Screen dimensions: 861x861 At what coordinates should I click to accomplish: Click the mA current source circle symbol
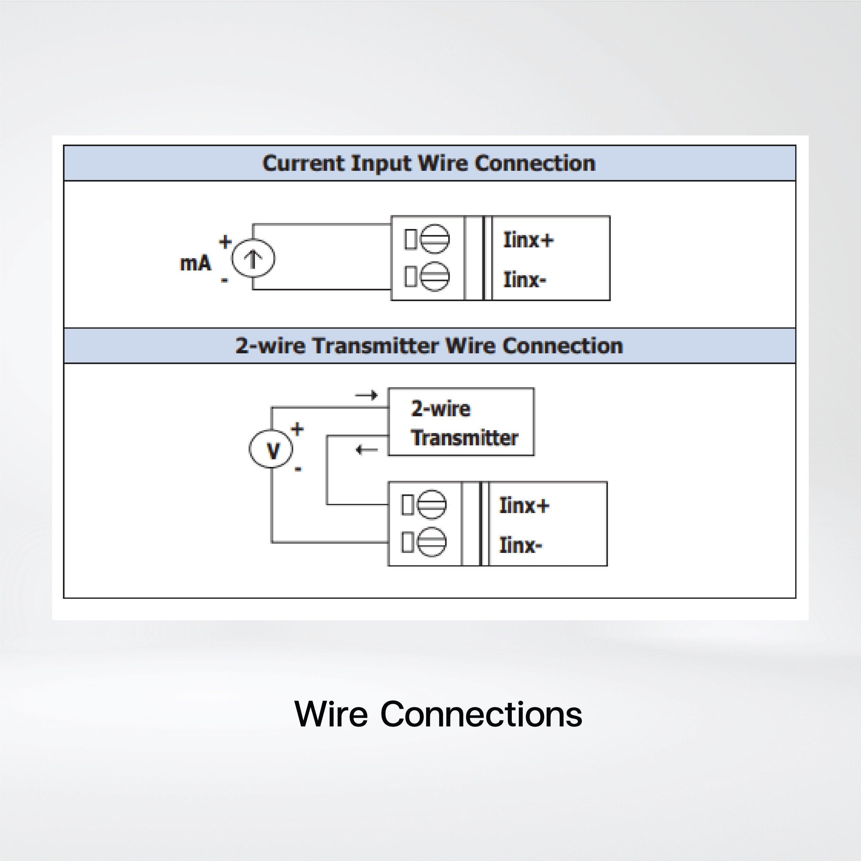click(253, 258)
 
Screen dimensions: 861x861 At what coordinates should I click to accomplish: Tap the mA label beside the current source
click(195, 263)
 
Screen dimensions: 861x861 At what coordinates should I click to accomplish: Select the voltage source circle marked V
click(271, 449)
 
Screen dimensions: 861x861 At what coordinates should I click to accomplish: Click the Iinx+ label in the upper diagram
click(528, 240)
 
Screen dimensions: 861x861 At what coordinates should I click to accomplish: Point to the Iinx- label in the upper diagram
click(524, 279)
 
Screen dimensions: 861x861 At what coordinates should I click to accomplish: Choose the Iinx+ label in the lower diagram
click(524, 505)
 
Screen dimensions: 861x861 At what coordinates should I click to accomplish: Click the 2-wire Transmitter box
click(461, 422)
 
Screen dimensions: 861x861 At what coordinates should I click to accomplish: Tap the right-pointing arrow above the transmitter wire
click(366, 395)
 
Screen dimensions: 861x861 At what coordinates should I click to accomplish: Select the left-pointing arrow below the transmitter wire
click(366, 450)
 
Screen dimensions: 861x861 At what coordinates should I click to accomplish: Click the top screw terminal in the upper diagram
click(435, 239)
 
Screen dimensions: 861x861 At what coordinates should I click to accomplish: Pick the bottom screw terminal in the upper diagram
click(435, 276)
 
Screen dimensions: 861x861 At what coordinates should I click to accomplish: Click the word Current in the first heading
click(303, 163)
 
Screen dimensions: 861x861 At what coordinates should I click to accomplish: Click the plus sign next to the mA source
click(225, 242)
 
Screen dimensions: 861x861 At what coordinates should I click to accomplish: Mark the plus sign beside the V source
click(297, 429)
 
